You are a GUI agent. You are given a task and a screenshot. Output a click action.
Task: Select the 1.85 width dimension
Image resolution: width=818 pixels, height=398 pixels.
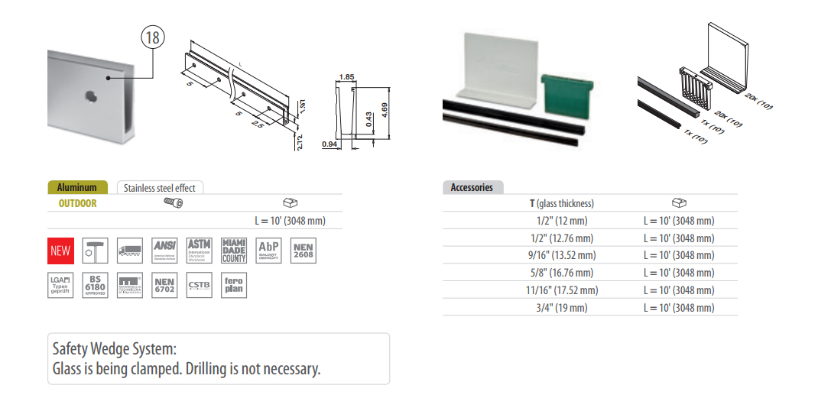click(346, 77)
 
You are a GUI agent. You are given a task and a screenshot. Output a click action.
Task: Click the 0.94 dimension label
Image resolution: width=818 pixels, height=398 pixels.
click(330, 144)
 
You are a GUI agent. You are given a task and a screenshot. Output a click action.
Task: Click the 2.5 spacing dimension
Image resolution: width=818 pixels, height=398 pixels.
click(258, 122)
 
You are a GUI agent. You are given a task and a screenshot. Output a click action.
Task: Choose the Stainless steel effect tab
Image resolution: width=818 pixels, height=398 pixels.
click(160, 188)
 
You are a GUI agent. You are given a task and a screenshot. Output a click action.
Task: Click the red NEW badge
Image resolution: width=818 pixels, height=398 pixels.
click(60, 251)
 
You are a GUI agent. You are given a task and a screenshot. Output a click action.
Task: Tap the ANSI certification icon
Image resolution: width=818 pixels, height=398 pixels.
click(164, 251)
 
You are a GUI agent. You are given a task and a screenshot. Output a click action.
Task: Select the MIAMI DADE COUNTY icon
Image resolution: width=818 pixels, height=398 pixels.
click(233, 251)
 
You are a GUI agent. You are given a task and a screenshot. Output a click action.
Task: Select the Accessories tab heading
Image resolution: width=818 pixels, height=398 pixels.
click(472, 188)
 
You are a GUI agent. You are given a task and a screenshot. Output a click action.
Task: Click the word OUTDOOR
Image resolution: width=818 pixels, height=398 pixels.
click(78, 203)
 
